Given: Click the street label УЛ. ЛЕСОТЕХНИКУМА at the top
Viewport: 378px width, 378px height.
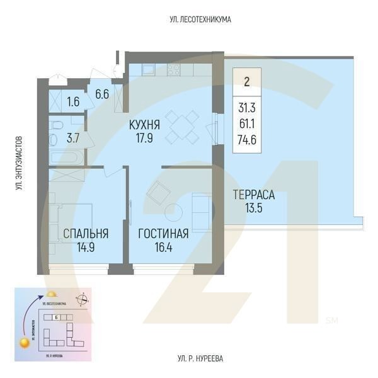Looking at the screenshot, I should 200,20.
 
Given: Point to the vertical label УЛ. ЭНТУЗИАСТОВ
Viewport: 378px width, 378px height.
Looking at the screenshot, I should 20,164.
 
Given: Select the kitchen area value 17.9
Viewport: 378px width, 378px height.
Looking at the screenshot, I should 144,140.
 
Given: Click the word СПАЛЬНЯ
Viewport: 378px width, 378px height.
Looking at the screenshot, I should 86,234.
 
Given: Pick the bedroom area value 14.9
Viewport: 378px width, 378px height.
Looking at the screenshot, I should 86,248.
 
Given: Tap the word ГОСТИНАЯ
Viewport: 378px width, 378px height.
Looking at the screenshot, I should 163,234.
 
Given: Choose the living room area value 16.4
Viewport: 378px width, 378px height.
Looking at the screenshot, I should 163,248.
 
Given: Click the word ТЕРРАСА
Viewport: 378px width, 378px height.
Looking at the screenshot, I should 253,195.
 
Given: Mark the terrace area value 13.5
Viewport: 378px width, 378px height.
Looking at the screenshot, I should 253,209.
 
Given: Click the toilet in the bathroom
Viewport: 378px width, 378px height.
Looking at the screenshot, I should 56,124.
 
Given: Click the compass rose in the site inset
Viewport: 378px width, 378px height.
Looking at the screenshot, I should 81,299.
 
